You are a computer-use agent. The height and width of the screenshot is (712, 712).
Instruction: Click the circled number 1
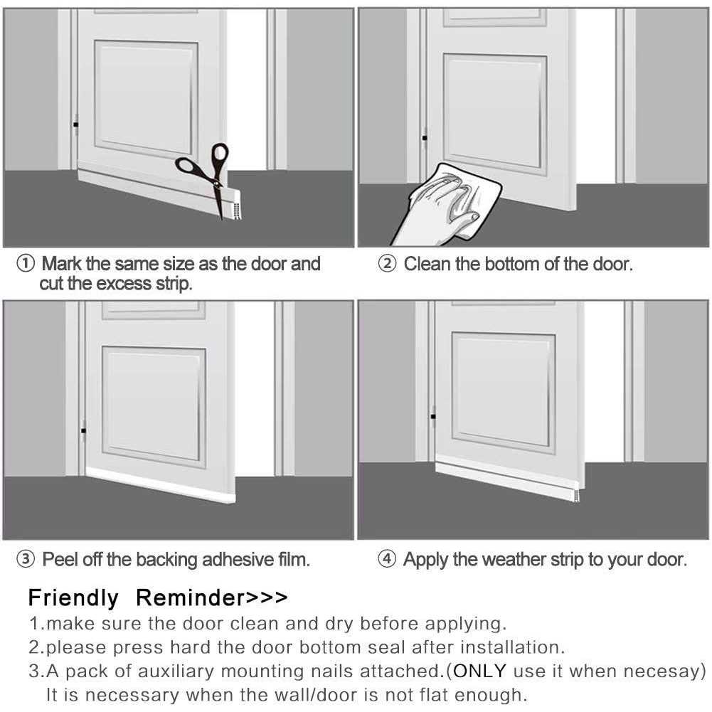click(25, 265)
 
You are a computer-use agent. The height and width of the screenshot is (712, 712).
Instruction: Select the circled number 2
click(387, 265)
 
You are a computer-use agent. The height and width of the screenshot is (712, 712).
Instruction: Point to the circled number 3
click(25, 560)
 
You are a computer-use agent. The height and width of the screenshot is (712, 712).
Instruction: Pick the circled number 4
click(387, 560)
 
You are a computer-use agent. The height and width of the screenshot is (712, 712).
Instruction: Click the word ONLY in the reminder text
click(480, 671)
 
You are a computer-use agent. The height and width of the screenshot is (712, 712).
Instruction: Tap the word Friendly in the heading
click(73, 597)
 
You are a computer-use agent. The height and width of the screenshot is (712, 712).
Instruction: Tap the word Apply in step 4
click(425, 560)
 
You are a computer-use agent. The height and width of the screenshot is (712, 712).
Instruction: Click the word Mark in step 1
click(62, 265)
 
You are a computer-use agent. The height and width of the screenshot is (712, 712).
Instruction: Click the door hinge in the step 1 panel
click(75, 126)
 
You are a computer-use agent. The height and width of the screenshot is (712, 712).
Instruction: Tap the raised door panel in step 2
click(495, 110)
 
